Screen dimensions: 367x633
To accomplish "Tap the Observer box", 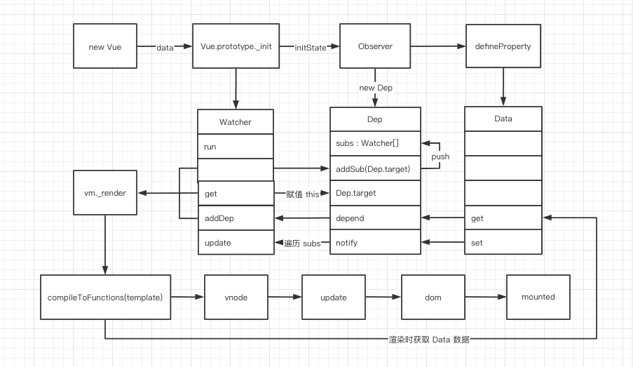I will point(374,46).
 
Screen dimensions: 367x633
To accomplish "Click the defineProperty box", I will point(503,46).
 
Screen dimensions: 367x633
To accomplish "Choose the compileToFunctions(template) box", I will point(106,298).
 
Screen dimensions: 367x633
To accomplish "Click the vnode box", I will point(236,298).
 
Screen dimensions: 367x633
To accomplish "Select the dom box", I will point(433,298).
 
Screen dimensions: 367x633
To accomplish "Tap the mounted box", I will point(538,297).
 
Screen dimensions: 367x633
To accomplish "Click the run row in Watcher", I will point(235,146).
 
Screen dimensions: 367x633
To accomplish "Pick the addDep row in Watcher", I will point(235,218).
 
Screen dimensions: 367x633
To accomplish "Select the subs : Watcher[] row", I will point(375,143).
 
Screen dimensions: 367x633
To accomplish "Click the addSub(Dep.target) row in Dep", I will point(375,168).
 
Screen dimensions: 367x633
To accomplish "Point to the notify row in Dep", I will point(375,243).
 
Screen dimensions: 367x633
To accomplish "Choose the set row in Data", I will point(503,243).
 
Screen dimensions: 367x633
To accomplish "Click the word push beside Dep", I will point(440,156).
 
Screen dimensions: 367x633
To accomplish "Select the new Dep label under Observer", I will point(376,88).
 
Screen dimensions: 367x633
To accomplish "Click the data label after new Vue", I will point(165,47).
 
